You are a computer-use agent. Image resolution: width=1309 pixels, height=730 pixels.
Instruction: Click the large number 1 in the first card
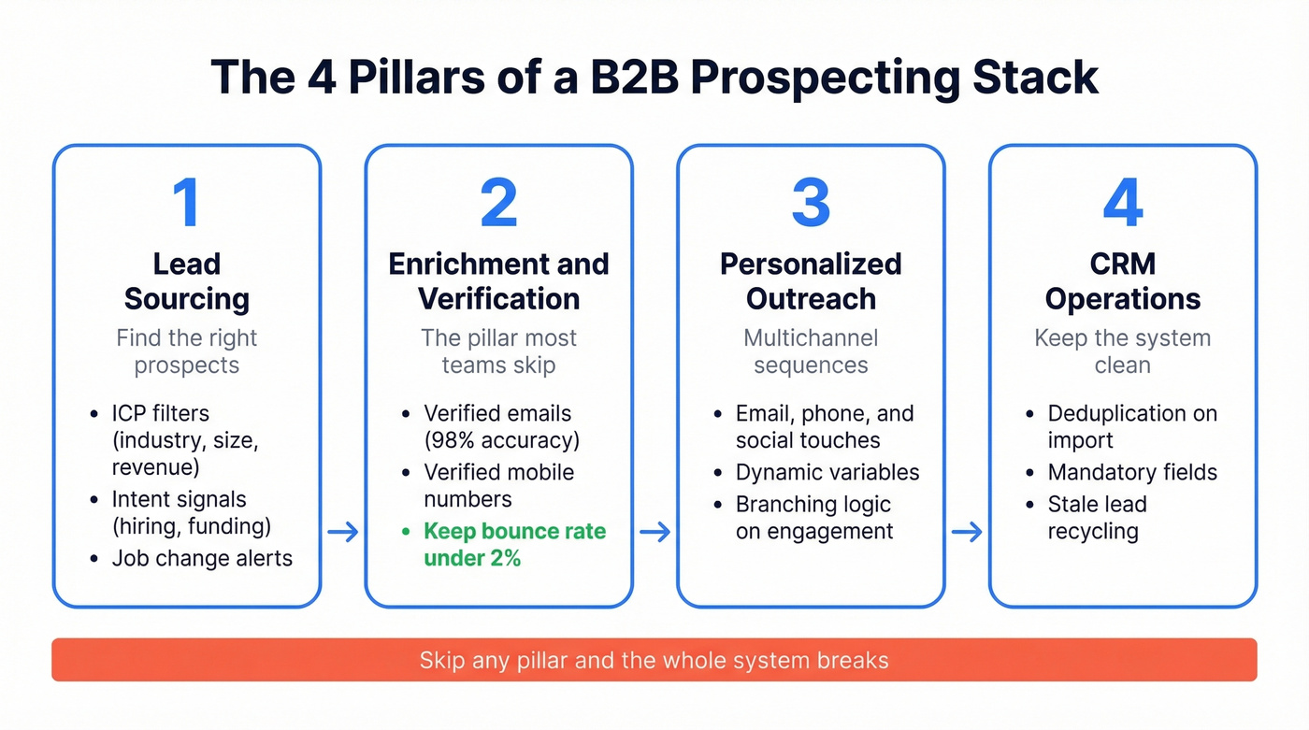click(187, 203)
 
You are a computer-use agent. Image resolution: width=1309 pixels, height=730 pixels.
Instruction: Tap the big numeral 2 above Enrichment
click(498, 203)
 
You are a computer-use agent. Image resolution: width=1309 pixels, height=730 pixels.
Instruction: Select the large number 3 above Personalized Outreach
click(811, 203)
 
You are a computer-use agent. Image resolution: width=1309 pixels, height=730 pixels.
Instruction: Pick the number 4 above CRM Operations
click(1122, 203)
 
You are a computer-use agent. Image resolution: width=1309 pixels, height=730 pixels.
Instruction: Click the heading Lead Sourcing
click(187, 281)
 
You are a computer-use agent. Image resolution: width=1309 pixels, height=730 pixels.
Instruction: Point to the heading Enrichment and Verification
click(498, 281)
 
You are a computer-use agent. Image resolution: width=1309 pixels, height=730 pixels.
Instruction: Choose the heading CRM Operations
click(1122, 281)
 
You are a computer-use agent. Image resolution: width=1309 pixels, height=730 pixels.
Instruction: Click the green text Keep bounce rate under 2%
click(514, 545)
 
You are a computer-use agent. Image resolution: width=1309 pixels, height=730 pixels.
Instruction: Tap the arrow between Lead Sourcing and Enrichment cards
click(343, 532)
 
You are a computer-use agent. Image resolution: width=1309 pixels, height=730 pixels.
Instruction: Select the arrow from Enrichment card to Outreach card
click(655, 532)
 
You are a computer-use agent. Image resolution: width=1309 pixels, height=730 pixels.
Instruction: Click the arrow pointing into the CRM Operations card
click(967, 532)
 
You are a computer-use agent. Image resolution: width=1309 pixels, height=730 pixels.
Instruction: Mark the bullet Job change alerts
click(202, 559)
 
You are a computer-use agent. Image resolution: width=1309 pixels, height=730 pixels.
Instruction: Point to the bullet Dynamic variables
click(827, 473)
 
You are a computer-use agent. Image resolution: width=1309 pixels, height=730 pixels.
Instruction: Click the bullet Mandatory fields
click(1132, 473)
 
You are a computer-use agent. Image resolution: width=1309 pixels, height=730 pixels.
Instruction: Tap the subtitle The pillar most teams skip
click(498, 351)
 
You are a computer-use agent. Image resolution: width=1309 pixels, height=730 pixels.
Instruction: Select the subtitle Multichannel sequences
click(811, 351)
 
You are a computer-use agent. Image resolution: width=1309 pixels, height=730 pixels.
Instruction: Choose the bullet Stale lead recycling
click(1097, 518)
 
